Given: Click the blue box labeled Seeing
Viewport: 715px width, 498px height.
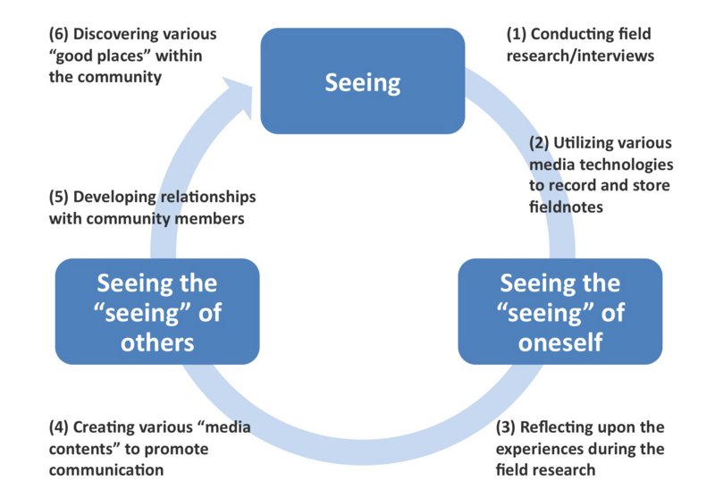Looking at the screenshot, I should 362,81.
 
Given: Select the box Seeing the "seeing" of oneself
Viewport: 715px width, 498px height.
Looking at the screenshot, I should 559,310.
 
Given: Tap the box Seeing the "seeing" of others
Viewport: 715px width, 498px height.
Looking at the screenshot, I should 157,310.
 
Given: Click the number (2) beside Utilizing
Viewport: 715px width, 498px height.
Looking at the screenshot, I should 539,143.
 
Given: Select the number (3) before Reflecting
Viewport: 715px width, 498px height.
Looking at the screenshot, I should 506,427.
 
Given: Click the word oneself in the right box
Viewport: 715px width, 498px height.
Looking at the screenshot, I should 559,342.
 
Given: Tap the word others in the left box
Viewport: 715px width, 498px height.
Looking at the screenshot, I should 157,342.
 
